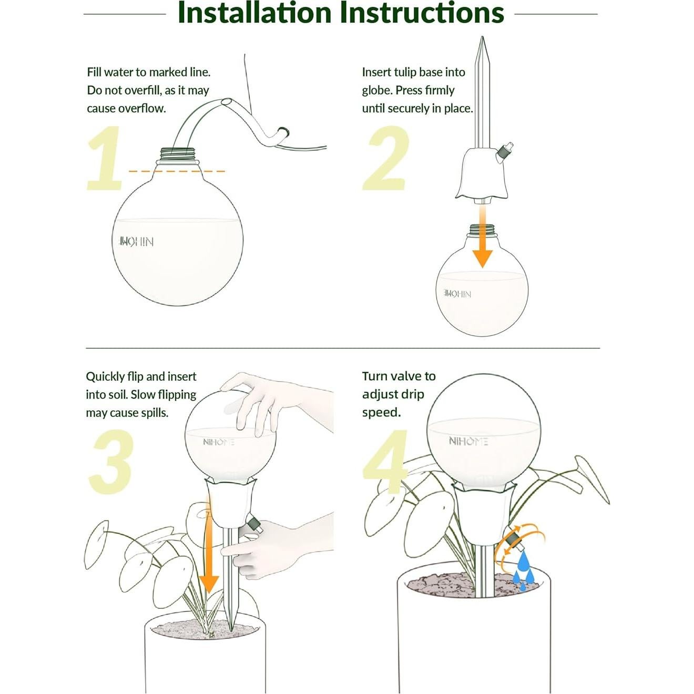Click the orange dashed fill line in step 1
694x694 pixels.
point(177,171)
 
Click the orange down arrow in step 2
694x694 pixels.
point(482,239)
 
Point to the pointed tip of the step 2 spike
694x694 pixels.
point(482,42)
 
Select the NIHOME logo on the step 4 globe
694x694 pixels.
point(468,441)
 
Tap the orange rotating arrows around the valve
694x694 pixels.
point(520,547)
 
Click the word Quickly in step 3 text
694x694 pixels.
point(105,377)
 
